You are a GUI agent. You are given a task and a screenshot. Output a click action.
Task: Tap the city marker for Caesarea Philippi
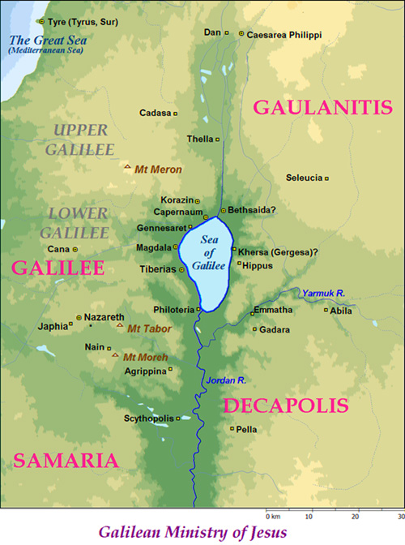(241, 34)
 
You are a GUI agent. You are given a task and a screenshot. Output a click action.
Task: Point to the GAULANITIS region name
(313, 105)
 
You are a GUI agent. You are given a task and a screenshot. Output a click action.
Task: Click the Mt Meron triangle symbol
(126, 168)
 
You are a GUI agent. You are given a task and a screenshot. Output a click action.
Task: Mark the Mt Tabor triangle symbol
(119, 327)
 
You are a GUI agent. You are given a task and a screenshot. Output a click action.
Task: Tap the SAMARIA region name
(66, 460)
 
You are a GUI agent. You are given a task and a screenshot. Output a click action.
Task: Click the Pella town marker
(232, 429)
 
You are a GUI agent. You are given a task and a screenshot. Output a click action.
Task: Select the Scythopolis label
(148, 418)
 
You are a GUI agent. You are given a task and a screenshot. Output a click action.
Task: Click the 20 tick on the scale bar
(355, 515)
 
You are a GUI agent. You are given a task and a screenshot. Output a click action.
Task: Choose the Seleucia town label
(304, 178)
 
